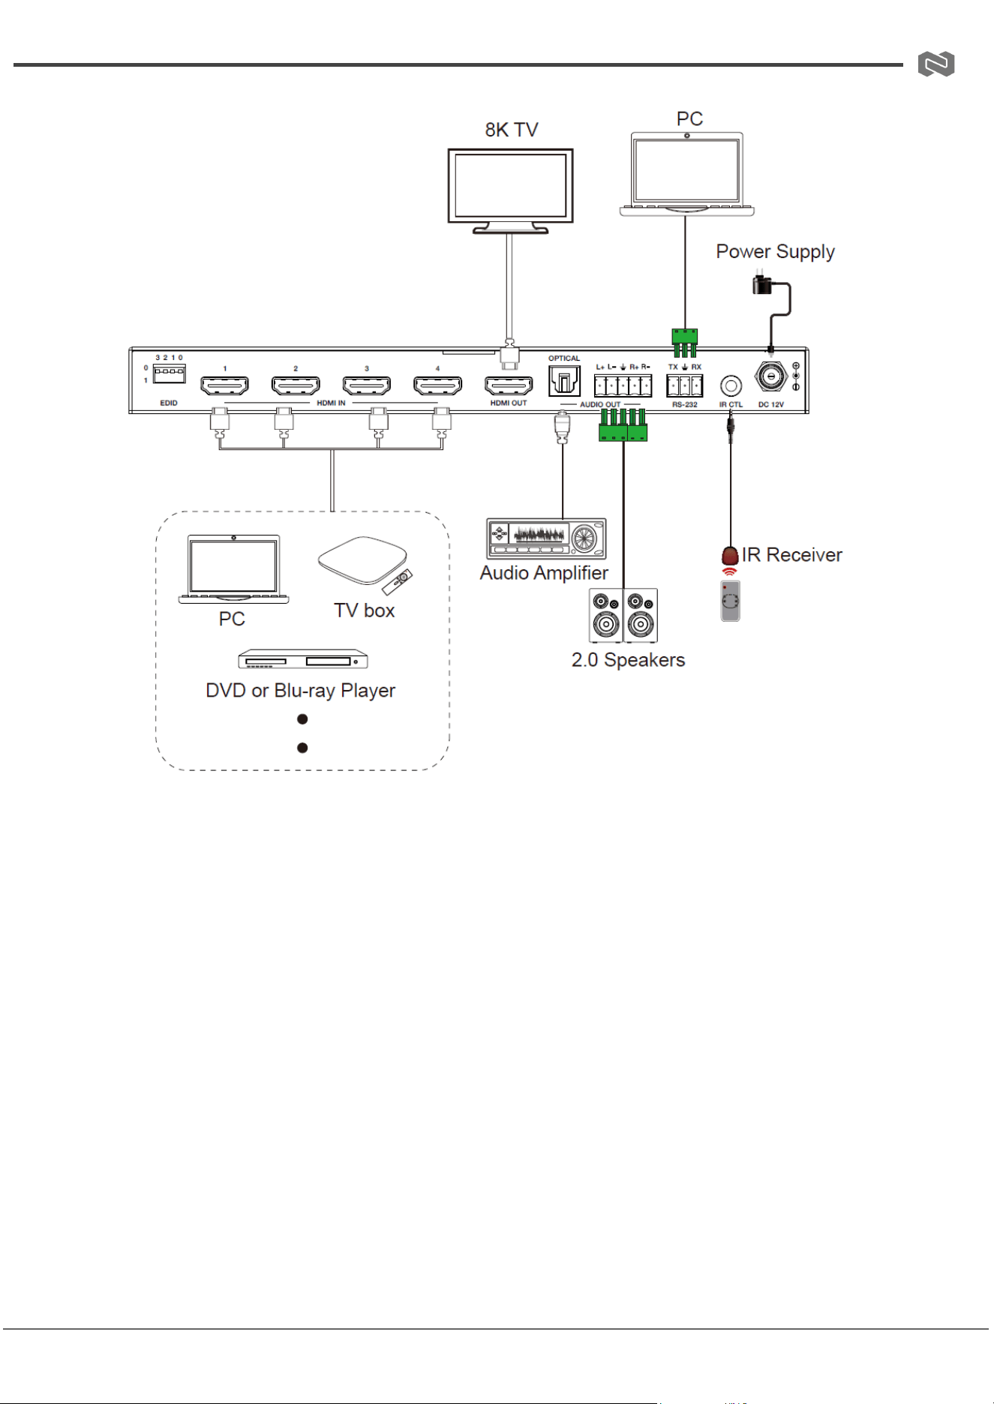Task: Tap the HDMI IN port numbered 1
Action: pyautogui.click(x=224, y=385)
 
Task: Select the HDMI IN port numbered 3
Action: pyautogui.click(x=366, y=385)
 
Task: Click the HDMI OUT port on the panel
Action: pyautogui.click(x=509, y=385)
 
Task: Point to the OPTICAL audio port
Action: pyautogui.click(x=564, y=381)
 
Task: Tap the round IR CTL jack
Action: pyautogui.click(x=731, y=385)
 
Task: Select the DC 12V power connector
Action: pyautogui.click(x=771, y=376)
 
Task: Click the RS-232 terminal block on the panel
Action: pyautogui.click(x=684, y=385)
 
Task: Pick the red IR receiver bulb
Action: pyautogui.click(x=730, y=556)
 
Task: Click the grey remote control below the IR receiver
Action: pyautogui.click(x=730, y=601)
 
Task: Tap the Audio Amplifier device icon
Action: pyautogui.click(x=546, y=538)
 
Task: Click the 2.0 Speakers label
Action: pyautogui.click(x=628, y=660)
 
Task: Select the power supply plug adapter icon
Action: pyautogui.click(x=764, y=284)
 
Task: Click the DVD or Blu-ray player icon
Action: pyautogui.click(x=303, y=659)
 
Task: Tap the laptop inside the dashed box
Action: pyautogui.click(x=233, y=569)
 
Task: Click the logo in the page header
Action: pyautogui.click(x=936, y=64)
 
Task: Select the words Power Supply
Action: pyautogui.click(x=775, y=252)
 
